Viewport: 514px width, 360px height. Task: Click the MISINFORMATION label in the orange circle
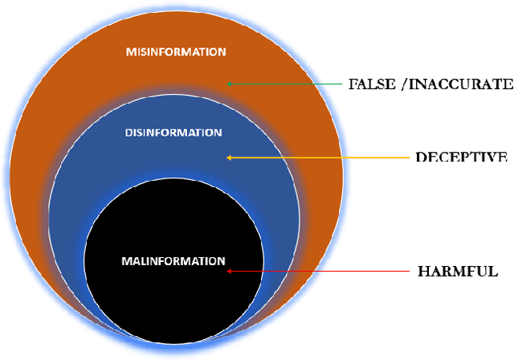(x=176, y=52)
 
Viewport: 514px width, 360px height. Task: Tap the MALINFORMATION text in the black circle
(x=173, y=261)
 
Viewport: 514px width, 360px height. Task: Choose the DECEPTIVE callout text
(x=460, y=157)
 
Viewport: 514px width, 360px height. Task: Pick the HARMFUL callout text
(x=458, y=272)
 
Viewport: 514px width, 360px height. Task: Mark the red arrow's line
(x=321, y=272)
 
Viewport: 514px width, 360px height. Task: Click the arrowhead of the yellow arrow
(x=230, y=157)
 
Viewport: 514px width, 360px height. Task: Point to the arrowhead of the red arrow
(x=230, y=272)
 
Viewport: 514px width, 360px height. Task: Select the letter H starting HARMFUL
(x=424, y=272)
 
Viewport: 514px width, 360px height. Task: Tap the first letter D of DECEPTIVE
(x=420, y=157)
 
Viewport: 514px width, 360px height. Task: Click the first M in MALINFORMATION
(x=125, y=261)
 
